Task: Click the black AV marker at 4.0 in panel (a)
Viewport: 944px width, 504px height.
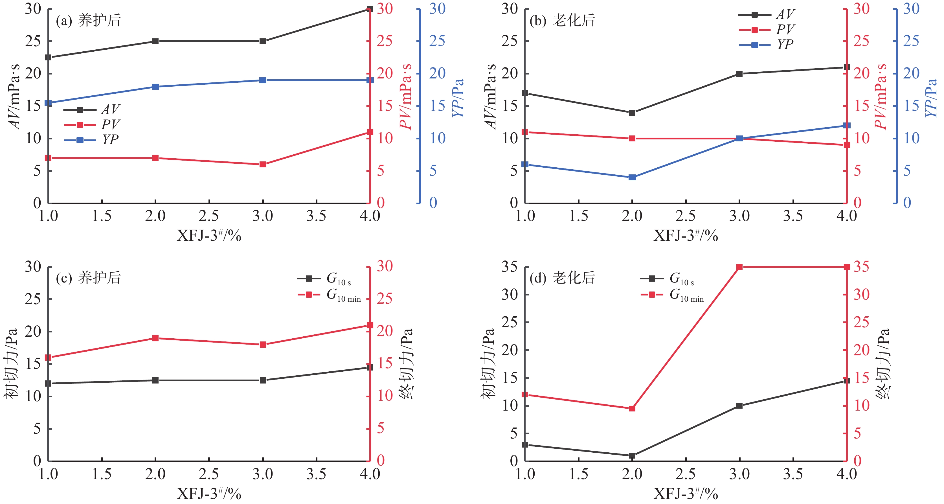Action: [370, 9]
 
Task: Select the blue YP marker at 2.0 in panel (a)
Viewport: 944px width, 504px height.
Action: [155, 87]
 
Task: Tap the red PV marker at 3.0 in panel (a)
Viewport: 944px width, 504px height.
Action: [263, 165]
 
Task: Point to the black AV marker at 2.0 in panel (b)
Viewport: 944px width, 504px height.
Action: [632, 113]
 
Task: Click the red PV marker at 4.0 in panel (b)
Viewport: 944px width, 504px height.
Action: [846, 145]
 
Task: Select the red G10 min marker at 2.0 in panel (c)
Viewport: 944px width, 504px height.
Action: [155, 338]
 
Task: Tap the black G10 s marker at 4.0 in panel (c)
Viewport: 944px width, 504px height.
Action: [370, 367]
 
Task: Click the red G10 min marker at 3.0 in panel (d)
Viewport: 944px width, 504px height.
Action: [739, 267]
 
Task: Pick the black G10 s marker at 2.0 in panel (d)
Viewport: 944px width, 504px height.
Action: [632, 456]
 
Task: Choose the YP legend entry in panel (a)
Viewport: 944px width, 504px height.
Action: [92, 140]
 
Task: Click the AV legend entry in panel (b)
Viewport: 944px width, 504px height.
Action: [766, 15]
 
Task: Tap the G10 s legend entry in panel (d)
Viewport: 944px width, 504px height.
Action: [667, 279]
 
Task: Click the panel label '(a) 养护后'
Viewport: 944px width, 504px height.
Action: [88, 20]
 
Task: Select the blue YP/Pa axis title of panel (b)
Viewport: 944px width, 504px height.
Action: [931, 98]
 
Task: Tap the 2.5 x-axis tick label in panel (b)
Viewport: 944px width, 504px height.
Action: [685, 216]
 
